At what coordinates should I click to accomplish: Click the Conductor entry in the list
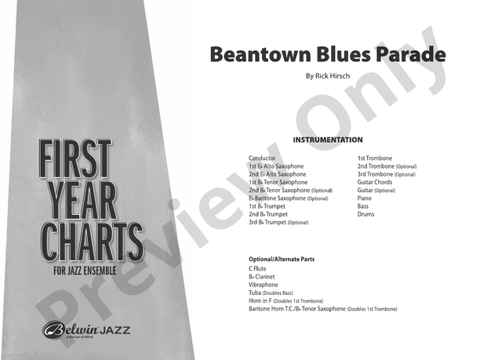coord(262,158)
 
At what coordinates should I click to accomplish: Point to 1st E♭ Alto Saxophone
coord(276,166)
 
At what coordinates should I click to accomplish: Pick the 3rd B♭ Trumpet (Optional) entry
coord(278,222)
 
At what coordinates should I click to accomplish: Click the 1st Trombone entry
coord(375,158)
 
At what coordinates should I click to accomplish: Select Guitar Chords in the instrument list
coord(375,182)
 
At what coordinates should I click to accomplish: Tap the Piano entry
coord(365,198)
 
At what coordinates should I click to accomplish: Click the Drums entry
coord(365,213)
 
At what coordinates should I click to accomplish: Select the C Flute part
coord(257,269)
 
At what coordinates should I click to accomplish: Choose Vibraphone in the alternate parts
coord(264,285)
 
